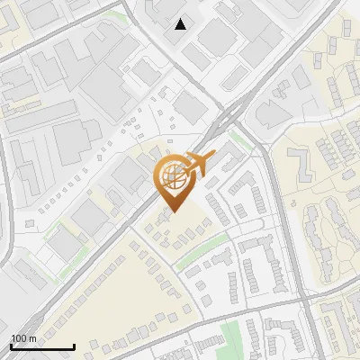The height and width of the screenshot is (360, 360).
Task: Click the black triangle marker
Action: point(181,24)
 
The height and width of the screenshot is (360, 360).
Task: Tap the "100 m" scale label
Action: point(23,338)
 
